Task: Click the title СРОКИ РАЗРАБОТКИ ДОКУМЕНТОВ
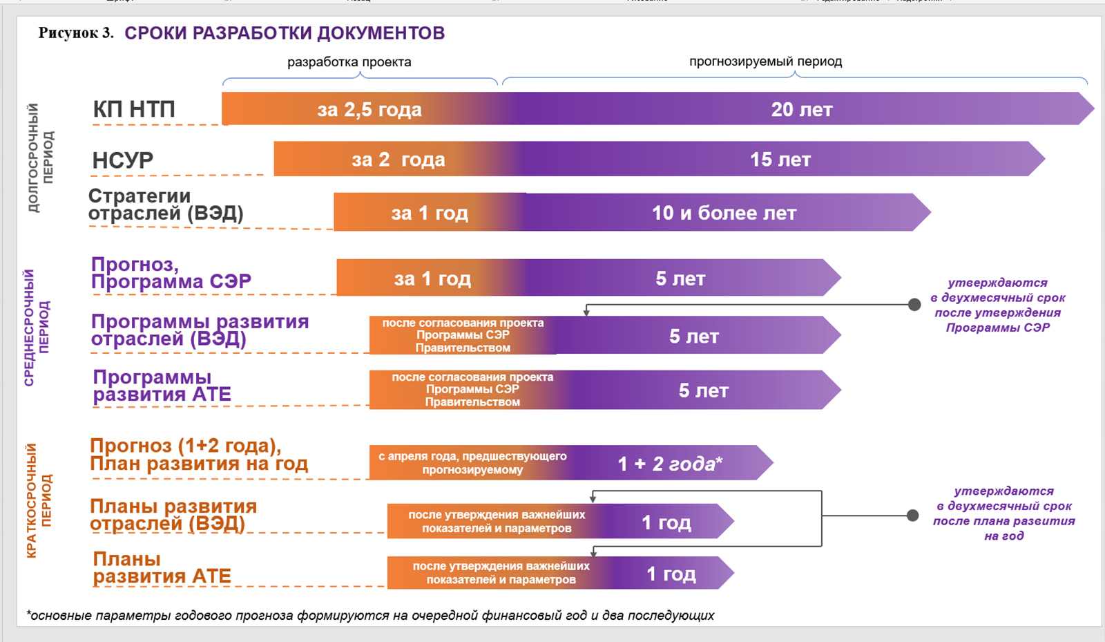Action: (x=284, y=33)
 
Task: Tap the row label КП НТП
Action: (x=134, y=109)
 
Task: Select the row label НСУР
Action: (x=123, y=160)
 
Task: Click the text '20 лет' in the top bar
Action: (x=802, y=109)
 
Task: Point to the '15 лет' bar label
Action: (x=780, y=160)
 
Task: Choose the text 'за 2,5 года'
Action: (x=369, y=109)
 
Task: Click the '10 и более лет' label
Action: (x=724, y=213)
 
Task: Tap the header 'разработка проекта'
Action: (x=349, y=62)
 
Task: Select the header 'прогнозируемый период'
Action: (x=765, y=62)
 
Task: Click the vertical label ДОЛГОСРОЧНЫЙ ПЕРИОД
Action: (x=40, y=158)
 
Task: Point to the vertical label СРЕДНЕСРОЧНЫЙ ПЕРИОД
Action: (x=37, y=327)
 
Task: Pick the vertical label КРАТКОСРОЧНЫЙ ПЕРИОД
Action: (x=39, y=500)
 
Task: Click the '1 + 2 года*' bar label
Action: (x=669, y=464)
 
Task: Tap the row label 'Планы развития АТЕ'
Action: (x=162, y=567)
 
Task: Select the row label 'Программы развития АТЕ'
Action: (x=162, y=386)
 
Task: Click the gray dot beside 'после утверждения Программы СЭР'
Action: (x=914, y=304)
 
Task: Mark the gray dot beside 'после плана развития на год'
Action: (x=912, y=515)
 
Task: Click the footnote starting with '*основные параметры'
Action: (x=370, y=615)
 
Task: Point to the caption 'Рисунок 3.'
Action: (x=76, y=33)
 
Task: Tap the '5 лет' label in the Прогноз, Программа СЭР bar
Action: (x=680, y=278)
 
